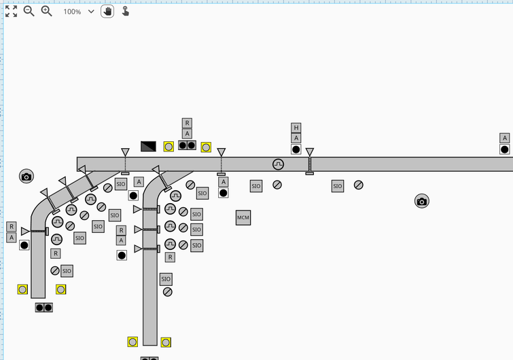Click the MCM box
point(243,217)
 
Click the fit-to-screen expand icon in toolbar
point(11,11)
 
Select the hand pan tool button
point(107,12)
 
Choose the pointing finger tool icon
point(126,12)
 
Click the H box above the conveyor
point(296,128)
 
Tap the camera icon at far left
point(26,177)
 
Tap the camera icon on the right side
point(422,201)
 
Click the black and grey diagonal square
point(148,146)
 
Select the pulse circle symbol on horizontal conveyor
point(278,164)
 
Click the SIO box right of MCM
point(256,186)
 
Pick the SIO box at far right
point(338,186)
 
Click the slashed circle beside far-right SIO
point(358,185)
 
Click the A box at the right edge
point(504,138)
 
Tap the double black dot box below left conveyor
point(44,308)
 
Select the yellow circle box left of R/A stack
point(169,146)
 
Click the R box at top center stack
point(187,123)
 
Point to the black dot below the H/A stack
point(296,149)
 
